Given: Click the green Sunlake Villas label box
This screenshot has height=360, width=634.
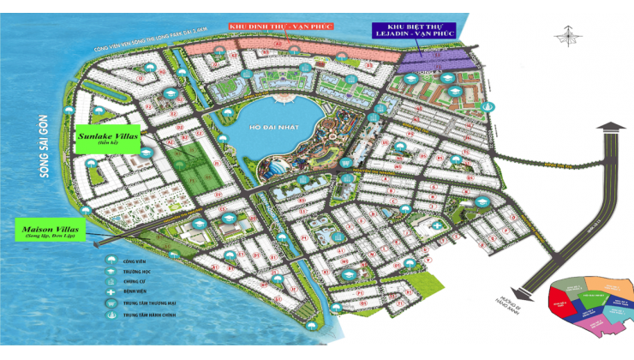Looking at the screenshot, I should (x=108, y=140).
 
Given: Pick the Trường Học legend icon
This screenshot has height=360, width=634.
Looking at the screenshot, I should (x=111, y=271).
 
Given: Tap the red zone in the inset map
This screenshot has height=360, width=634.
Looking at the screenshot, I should (x=561, y=305).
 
